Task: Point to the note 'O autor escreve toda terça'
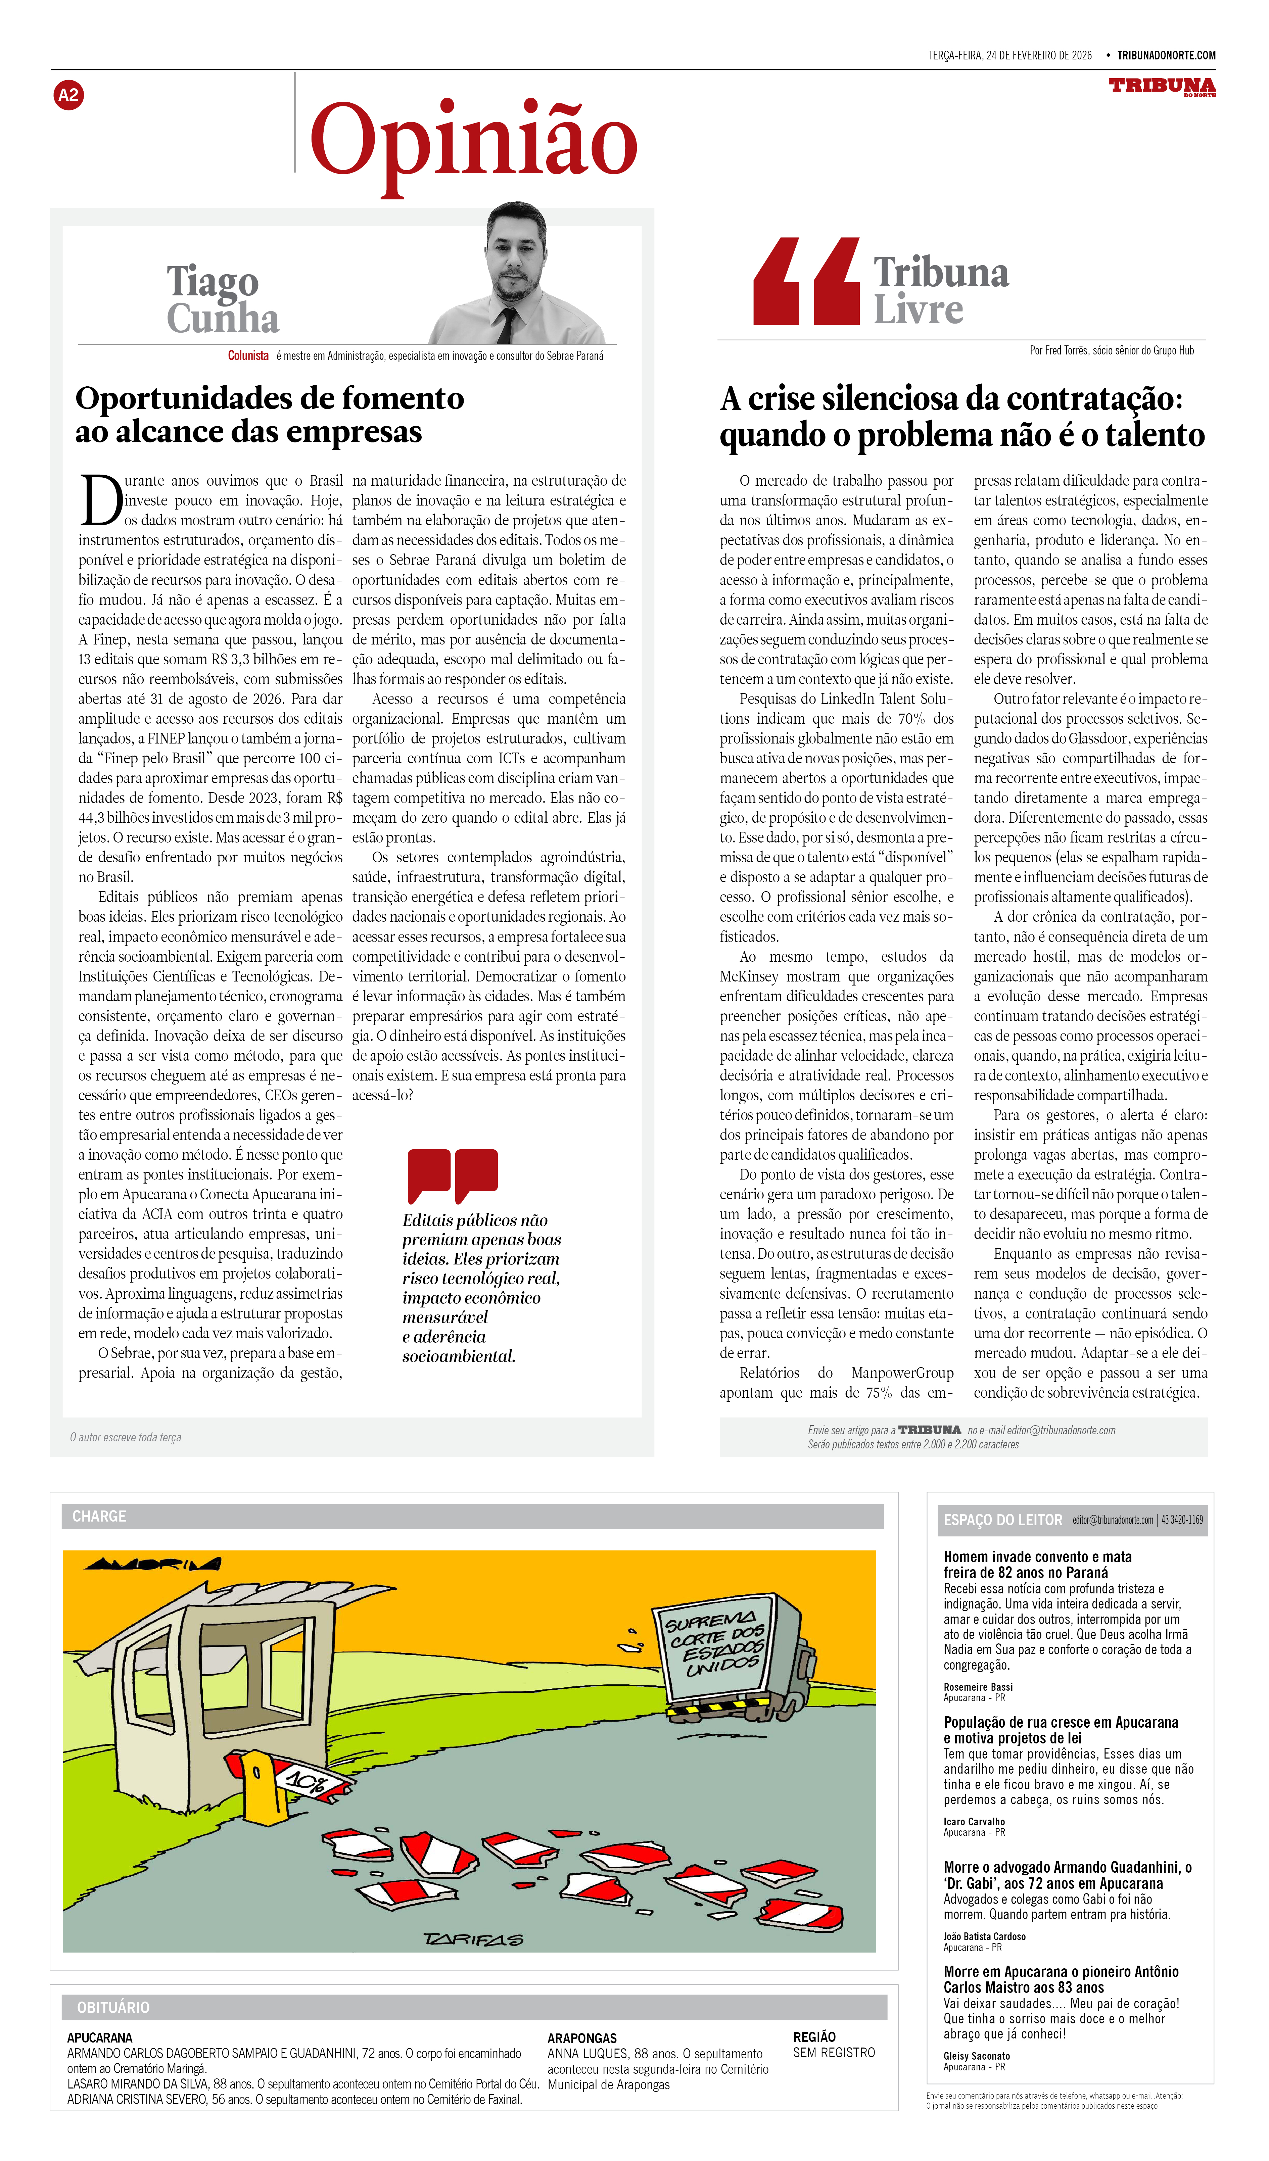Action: tap(126, 1437)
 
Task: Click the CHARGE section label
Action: tap(99, 1516)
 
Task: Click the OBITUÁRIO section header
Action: tap(113, 2008)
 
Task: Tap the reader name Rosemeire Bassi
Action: tap(978, 1687)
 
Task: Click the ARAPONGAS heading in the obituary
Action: tap(582, 2037)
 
